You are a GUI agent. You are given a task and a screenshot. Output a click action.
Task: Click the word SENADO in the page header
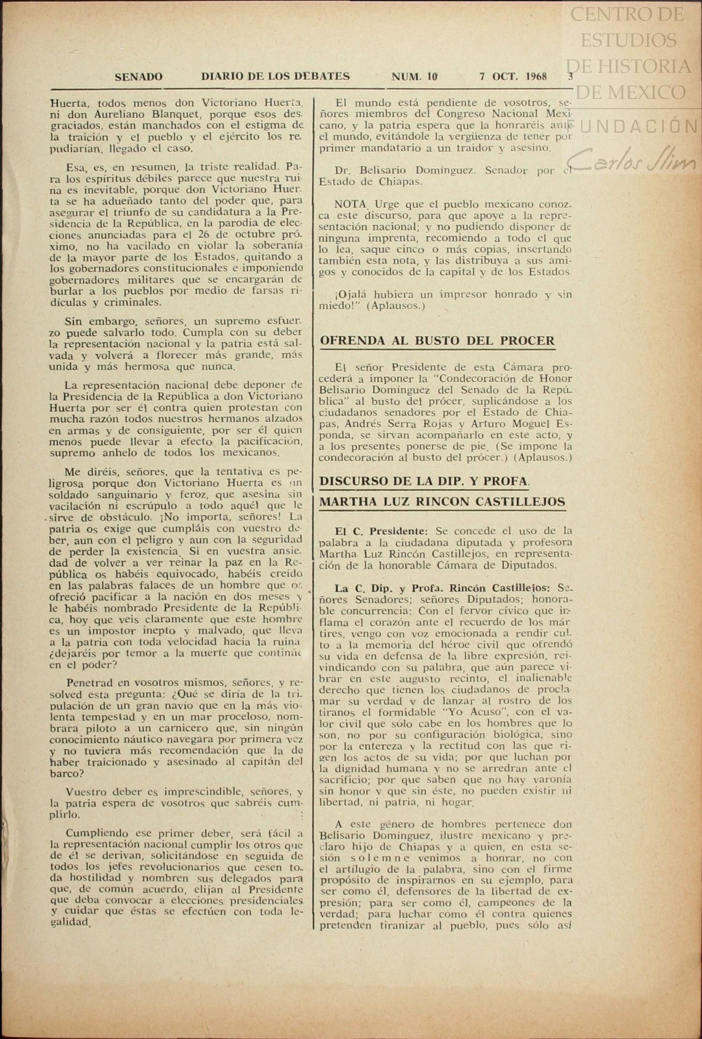point(139,77)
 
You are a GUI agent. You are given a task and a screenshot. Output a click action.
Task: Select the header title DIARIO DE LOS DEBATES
point(275,76)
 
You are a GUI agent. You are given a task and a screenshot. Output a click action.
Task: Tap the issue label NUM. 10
point(414,77)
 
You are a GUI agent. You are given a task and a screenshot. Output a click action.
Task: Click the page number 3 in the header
point(570,77)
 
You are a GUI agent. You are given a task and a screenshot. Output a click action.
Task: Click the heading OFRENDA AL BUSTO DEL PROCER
point(437,341)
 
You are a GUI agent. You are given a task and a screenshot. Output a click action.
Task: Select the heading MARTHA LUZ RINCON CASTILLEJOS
point(442,502)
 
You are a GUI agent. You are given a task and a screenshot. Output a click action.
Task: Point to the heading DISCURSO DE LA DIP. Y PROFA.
point(424,481)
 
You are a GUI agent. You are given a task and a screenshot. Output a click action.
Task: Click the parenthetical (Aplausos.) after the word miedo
point(396,306)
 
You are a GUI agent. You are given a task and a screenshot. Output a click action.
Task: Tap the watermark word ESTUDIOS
point(628,40)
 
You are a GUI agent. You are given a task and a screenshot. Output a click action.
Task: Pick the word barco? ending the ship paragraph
point(67,774)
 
